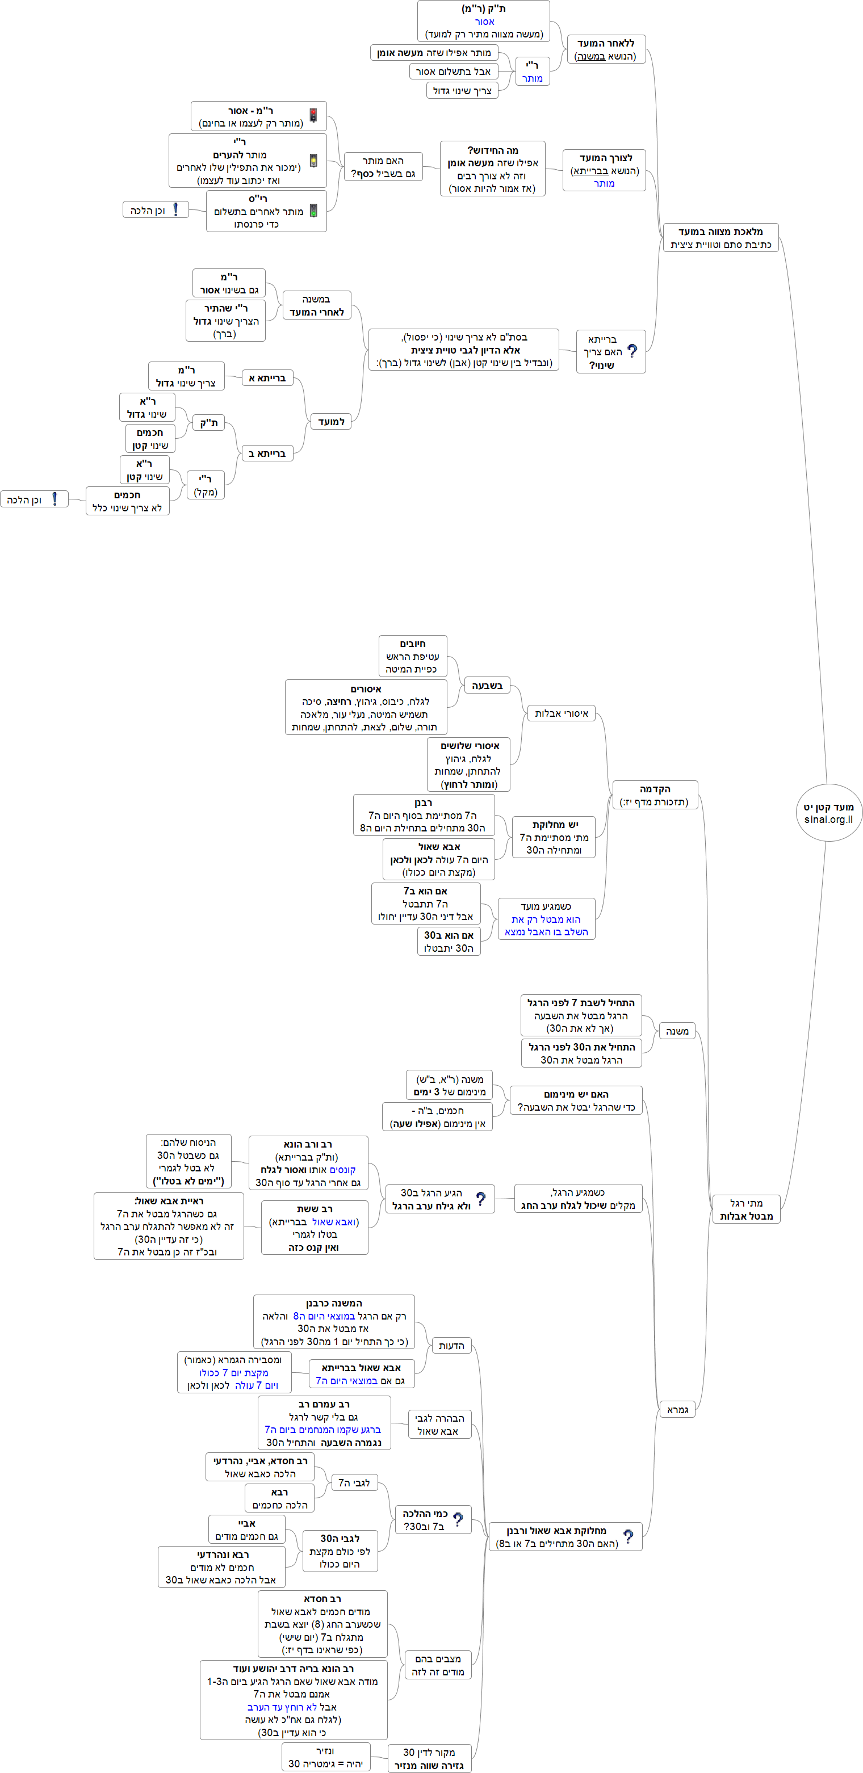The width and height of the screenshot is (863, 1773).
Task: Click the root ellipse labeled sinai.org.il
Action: (x=828, y=813)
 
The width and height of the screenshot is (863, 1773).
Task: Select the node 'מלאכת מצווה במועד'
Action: (x=720, y=237)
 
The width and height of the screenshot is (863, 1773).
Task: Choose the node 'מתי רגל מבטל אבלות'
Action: (x=746, y=1209)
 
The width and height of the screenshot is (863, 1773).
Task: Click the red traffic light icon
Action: (x=313, y=115)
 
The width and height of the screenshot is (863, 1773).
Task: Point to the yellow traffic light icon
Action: (x=313, y=161)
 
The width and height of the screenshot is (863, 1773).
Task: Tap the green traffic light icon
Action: (x=313, y=211)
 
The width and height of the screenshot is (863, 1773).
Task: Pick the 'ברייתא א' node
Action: (x=268, y=378)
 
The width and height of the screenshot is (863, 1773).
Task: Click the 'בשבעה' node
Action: (x=487, y=686)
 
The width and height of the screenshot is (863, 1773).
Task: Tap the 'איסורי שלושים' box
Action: (x=469, y=764)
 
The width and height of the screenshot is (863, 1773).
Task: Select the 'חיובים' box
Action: (x=413, y=656)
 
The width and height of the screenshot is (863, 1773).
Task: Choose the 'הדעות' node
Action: (x=451, y=1346)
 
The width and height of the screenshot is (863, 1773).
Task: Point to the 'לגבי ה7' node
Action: (x=354, y=1482)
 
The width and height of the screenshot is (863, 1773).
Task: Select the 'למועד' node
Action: (x=331, y=421)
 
